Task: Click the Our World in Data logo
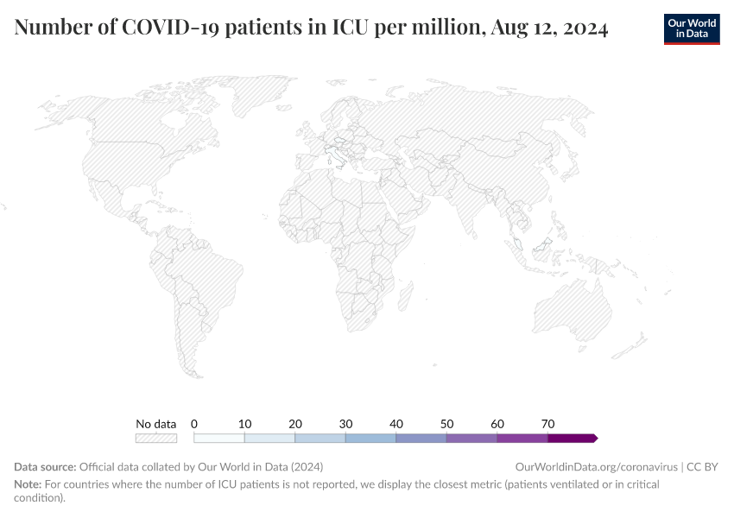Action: pyautogui.click(x=692, y=28)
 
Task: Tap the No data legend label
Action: pyautogui.click(x=156, y=424)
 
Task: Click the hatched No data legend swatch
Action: pyautogui.click(x=156, y=439)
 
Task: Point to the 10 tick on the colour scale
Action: pyautogui.click(x=245, y=424)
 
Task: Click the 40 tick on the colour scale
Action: pyautogui.click(x=396, y=424)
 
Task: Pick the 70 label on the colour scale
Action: pyautogui.click(x=547, y=424)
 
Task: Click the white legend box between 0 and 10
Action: pyautogui.click(x=219, y=439)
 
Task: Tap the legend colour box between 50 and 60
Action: pyautogui.click(x=471, y=439)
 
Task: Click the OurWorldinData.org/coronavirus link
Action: pyautogui.click(x=596, y=467)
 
